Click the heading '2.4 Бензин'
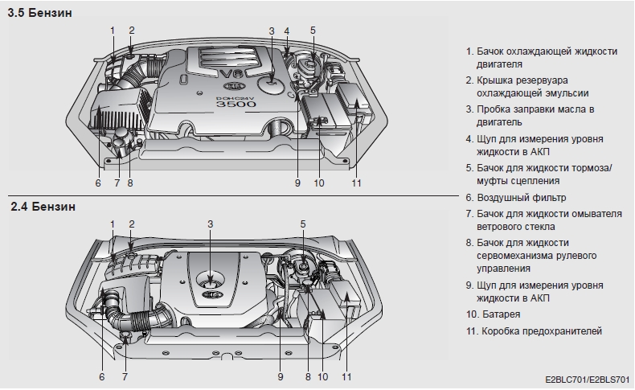(x=43, y=207)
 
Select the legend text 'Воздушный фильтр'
(x=521, y=197)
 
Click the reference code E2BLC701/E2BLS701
(x=585, y=379)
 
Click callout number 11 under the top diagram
(x=356, y=183)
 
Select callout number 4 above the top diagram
(x=287, y=31)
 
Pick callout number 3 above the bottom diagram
(x=211, y=224)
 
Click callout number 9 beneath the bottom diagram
(x=281, y=376)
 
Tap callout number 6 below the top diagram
(x=98, y=183)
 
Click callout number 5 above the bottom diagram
(x=303, y=224)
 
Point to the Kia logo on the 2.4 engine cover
(x=212, y=295)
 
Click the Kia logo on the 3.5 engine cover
(x=232, y=84)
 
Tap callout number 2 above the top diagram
(x=132, y=31)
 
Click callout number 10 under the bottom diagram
(x=323, y=376)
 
